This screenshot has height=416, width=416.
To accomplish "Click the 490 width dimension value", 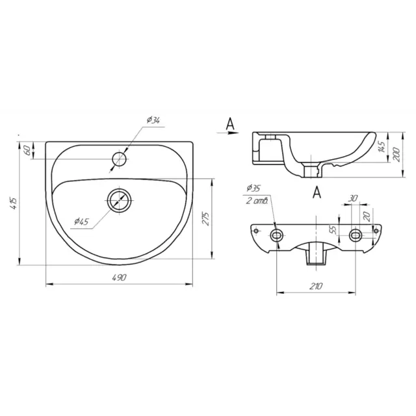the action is [119, 278].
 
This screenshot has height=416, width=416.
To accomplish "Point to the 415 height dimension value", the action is [14, 203].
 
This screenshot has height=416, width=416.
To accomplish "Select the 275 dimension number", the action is [206, 218].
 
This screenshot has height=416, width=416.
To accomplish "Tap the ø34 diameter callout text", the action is [153, 120].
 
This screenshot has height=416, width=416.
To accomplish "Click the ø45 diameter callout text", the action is [81, 221].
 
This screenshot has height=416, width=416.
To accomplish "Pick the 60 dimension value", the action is [27, 150].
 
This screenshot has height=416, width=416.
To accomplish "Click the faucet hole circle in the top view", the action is [119, 159].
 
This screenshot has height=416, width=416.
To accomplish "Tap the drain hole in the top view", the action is [119, 200].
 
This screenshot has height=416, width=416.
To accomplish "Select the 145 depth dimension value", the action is [382, 147].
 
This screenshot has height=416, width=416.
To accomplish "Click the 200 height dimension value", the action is [396, 155].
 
